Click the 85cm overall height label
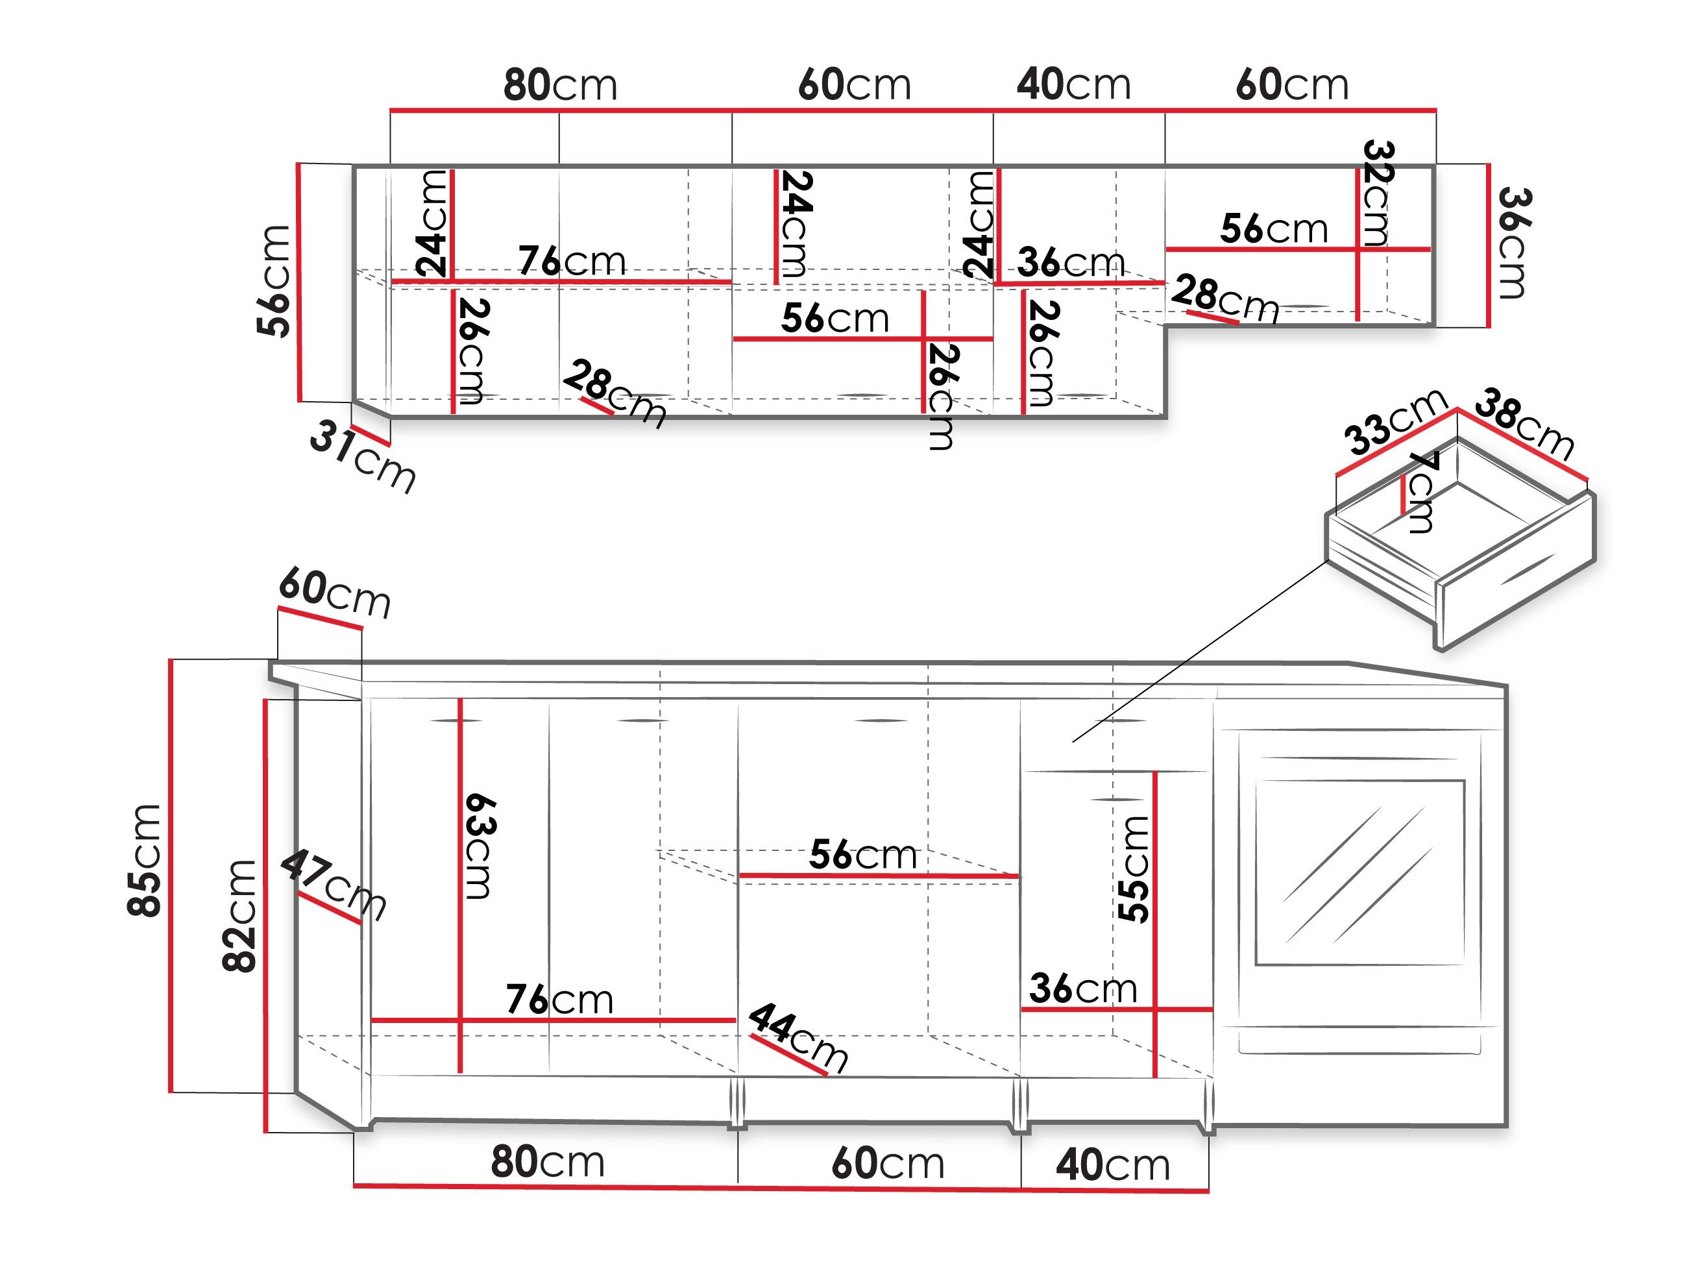coord(145,860)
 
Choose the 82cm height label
coord(239,915)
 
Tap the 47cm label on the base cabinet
coord(332,885)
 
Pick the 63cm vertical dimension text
coord(480,846)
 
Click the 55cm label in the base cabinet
coord(1134,870)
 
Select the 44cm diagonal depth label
coord(798,1037)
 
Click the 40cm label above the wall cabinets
coord(1073,84)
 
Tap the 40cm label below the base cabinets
coord(1112,1165)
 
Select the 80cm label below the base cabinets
coord(548,1162)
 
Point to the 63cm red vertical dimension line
coord(461,885)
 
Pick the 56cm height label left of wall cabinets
coord(274,281)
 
